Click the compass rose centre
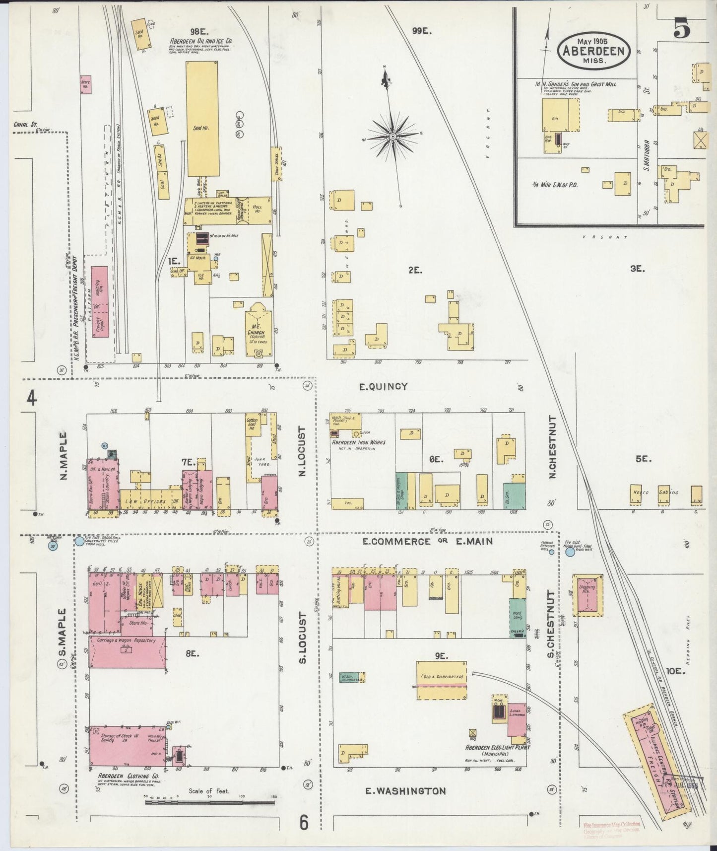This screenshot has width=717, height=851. click(392, 136)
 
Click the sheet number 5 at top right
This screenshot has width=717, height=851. click(682, 30)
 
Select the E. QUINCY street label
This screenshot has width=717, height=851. click(383, 386)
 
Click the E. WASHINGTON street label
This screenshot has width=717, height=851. click(405, 791)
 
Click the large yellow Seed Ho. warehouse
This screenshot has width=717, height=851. click(201, 119)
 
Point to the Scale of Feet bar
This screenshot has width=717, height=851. click(210, 801)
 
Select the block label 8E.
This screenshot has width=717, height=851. click(192, 654)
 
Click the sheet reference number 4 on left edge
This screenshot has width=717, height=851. click(32, 399)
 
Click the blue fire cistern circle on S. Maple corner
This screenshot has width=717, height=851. click(79, 541)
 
